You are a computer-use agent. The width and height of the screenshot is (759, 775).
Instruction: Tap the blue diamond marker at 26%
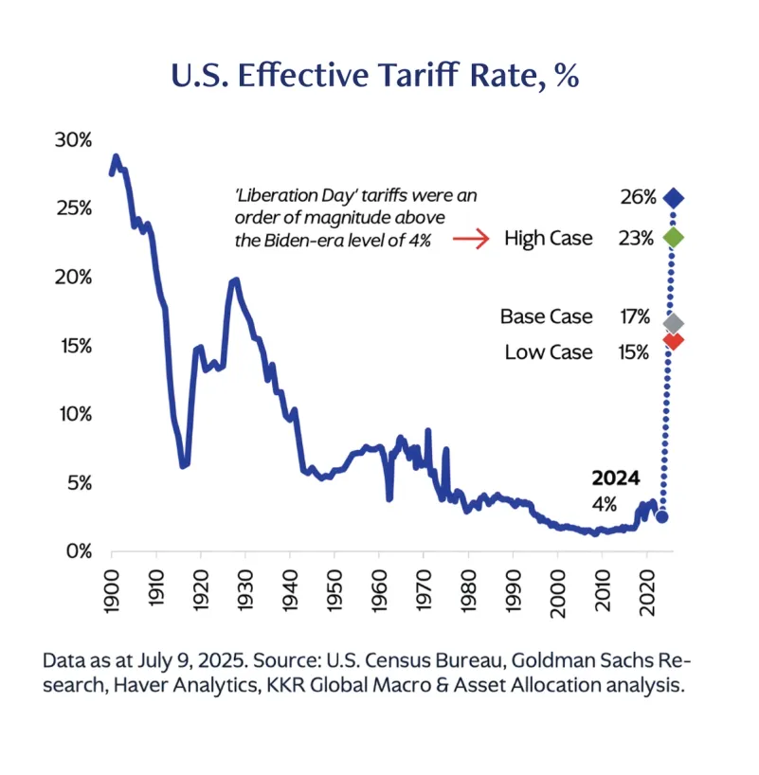pyautogui.click(x=674, y=198)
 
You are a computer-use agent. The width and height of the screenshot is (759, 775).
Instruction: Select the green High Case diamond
pyautogui.click(x=674, y=238)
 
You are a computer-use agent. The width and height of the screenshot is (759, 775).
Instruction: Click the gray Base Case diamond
pyautogui.click(x=674, y=323)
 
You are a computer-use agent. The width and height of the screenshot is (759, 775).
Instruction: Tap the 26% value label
pyautogui.click(x=638, y=198)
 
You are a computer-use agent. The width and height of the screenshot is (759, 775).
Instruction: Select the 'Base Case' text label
pyautogui.click(x=546, y=316)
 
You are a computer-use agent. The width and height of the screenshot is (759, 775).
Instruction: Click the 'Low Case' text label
pyautogui.click(x=549, y=352)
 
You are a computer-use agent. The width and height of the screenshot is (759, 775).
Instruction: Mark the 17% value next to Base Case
pyautogui.click(x=635, y=316)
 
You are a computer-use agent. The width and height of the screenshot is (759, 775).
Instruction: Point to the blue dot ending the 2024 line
pyautogui.click(x=662, y=516)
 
